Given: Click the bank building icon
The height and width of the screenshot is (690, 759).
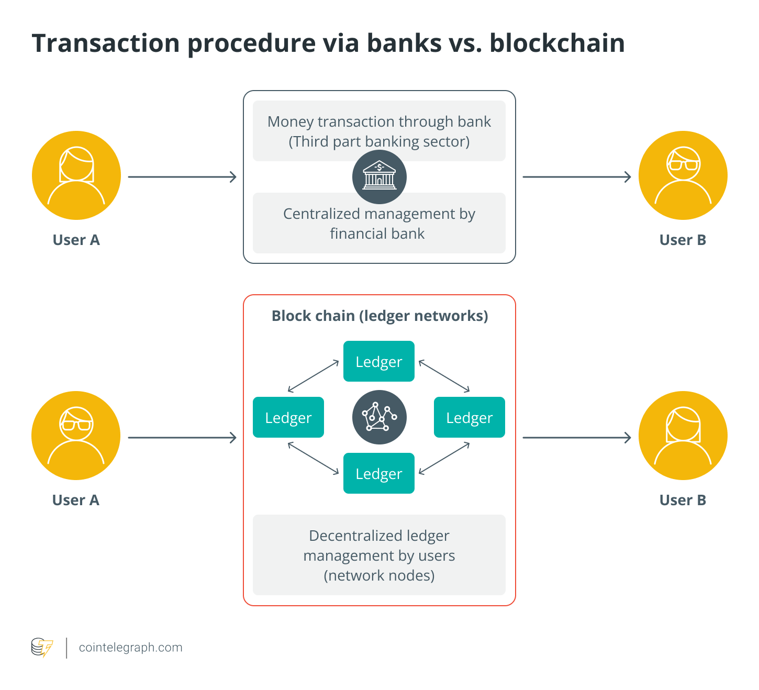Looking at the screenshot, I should click(379, 177).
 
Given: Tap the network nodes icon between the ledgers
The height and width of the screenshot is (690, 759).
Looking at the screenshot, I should click(379, 417).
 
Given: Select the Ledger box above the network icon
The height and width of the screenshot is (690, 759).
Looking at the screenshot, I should click(379, 361).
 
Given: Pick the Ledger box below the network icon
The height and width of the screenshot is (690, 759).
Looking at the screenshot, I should click(379, 473).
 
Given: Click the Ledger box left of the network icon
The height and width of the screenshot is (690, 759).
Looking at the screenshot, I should click(288, 417).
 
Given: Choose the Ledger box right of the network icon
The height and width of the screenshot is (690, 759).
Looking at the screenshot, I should click(470, 417).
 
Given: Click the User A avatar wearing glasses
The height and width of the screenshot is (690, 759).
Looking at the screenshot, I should click(76, 436).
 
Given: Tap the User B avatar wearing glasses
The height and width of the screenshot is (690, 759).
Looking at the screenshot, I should click(683, 175).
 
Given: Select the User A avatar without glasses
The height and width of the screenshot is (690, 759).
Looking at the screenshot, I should click(76, 175).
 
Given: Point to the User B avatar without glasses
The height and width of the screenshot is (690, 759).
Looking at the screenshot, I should click(683, 436).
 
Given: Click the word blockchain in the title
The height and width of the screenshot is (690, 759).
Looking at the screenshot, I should click(557, 43).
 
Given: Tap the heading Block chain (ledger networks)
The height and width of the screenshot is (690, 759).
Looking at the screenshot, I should click(379, 316).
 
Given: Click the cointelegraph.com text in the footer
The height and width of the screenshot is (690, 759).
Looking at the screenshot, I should click(130, 648).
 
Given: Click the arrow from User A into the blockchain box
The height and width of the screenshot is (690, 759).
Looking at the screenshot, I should click(182, 438).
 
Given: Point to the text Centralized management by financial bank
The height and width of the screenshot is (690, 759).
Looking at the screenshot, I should click(379, 224).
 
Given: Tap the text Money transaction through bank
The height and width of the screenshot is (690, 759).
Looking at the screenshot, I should click(379, 121).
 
